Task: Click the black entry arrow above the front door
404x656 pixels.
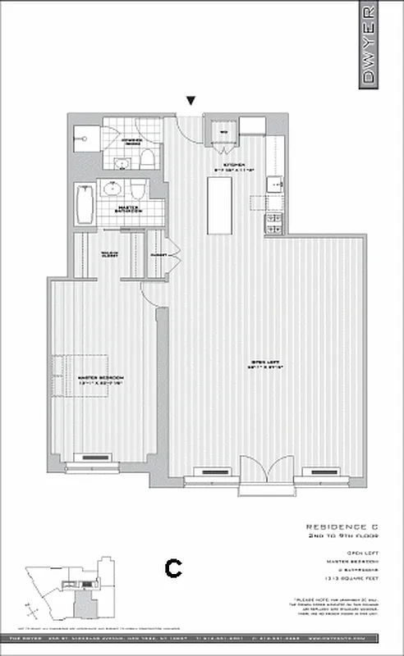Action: point(191,101)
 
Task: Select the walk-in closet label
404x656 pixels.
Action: point(109,254)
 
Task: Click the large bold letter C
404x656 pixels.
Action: point(173,567)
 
